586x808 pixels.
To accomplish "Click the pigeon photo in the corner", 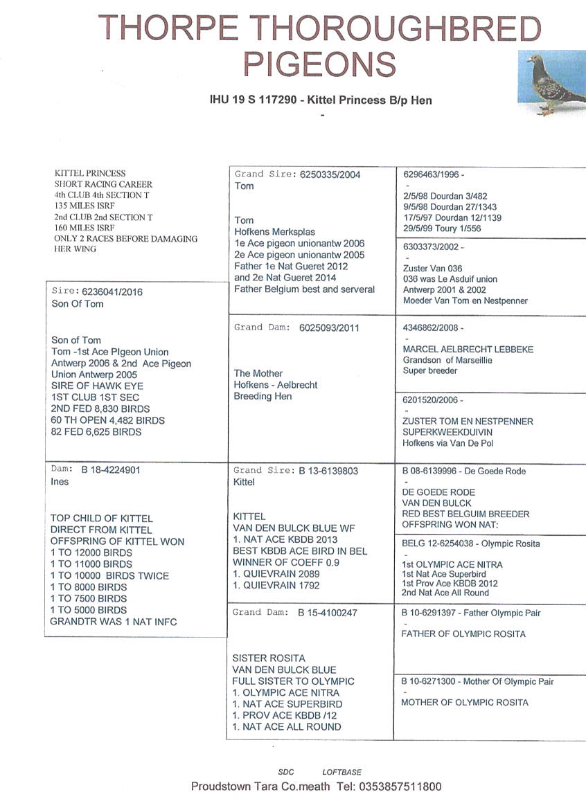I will pyautogui.click(x=551, y=83).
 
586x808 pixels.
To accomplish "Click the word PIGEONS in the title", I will pyautogui.click(x=319, y=64).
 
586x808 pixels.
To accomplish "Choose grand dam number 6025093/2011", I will pyautogui.click(x=329, y=327).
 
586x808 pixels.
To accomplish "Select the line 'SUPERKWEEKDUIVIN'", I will pyautogui.click(x=448, y=432).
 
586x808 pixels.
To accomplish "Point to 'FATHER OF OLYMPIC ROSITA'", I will pyautogui.click(x=463, y=634).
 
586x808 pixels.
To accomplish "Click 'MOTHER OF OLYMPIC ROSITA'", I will pyautogui.click(x=465, y=702).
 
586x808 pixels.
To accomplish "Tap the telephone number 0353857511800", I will pyautogui.click(x=398, y=787).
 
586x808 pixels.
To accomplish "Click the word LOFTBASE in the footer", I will pyautogui.click(x=341, y=772).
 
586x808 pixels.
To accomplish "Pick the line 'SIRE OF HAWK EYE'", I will pyautogui.click(x=95, y=386).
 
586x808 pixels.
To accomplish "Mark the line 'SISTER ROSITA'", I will pyautogui.click(x=269, y=658).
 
